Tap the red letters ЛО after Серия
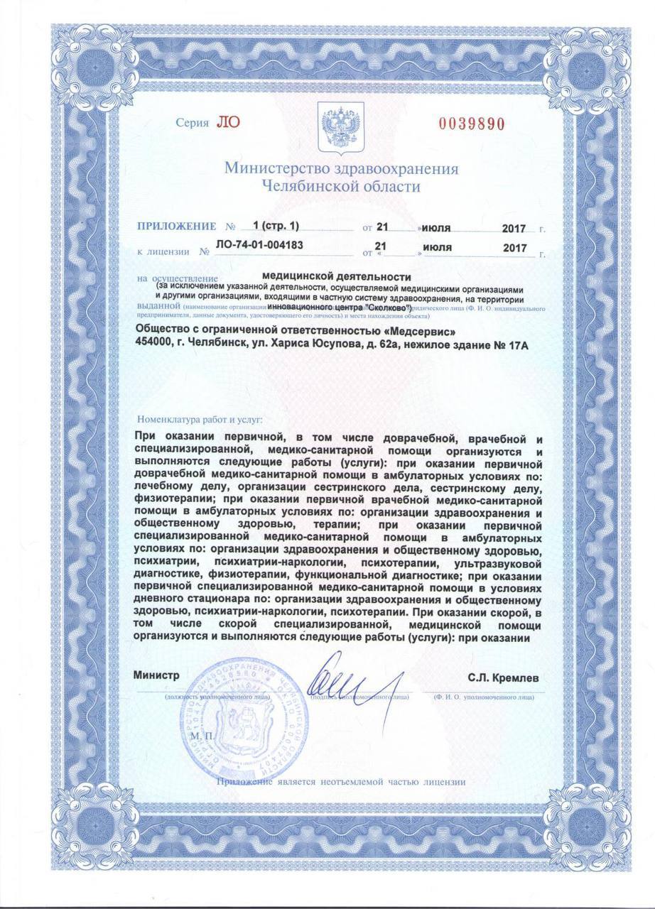click(x=229, y=121)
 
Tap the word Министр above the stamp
click(x=156, y=676)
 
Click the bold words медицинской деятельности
click(x=337, y=276)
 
